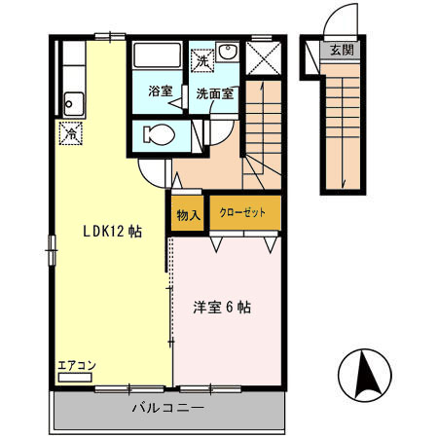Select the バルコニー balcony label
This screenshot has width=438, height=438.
[x=167, y=410]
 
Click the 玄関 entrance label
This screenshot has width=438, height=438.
[x=341, y=51]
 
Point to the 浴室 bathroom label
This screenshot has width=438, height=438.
[x=160, y=91]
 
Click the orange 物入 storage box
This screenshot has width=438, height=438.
[x=188, y=215]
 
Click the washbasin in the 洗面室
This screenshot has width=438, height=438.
[x=228, y=55]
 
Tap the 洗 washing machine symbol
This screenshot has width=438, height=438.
[x=201, y=61]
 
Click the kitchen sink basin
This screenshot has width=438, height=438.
[x=72, y=98]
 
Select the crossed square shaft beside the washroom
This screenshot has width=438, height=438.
[x=261, y=59]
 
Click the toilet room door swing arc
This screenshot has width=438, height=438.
[x=154, y=173]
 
